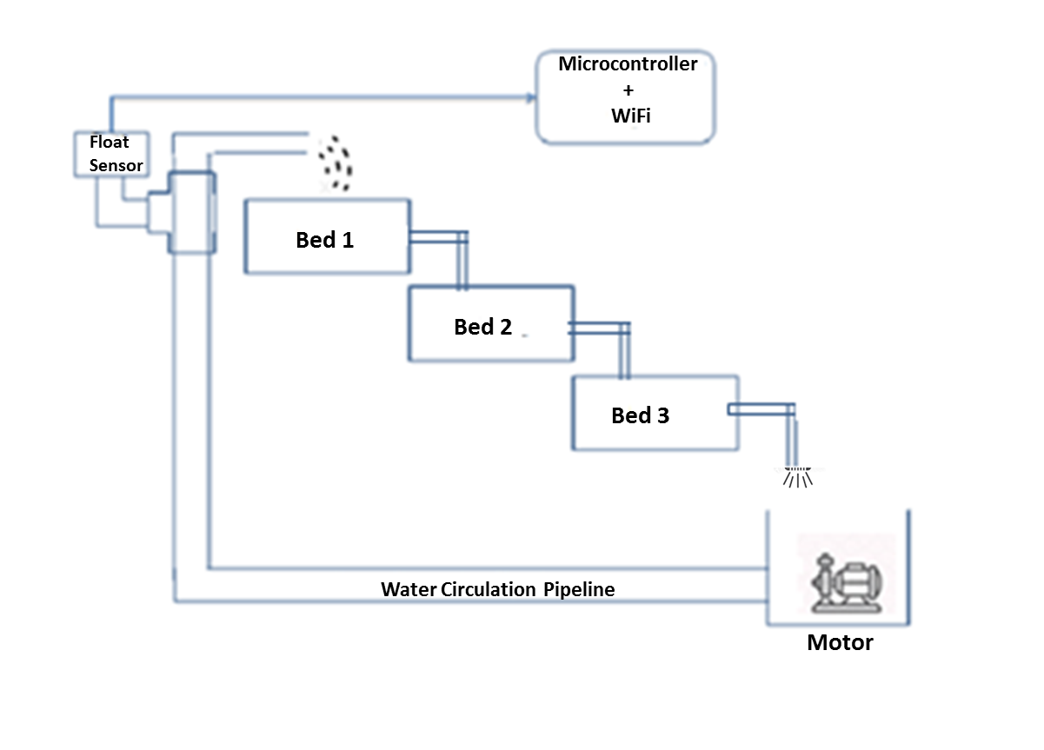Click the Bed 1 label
click(x=325, y=240)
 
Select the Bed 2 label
click(x=482, y=327)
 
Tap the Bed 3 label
click(x=640, y=415)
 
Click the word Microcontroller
click(x=628, y=64)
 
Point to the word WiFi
click(x=629, y=115)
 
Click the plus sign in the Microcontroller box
click(x=628, y=90)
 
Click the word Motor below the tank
click(x=839, y=643)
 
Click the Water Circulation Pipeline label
click(x=498, y=589)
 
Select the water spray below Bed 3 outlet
click(x=796, y=476)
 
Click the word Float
click(x=109, y=143)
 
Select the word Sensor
click(x=116, y=165)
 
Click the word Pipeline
click(x=579, y=589)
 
